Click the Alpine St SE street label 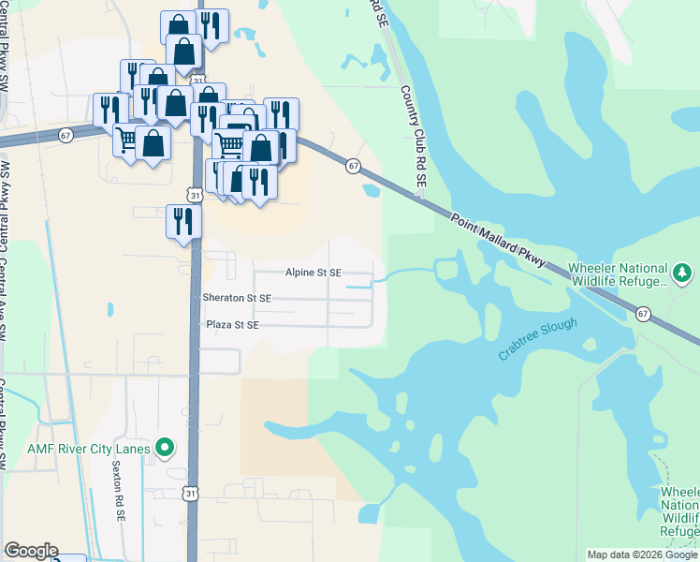(314, 273)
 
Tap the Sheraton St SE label (237, 298)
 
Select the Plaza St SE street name (231, 325)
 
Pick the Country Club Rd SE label (414, 141)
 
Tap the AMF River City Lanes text (88, 449)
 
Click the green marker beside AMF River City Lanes (166, 449)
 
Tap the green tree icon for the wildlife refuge (683, 273)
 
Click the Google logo (31, 551)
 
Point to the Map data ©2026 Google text (642, 555)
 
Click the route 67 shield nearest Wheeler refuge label (644, 313)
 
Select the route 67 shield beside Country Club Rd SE (353, 166)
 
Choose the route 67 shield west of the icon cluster (66, 134)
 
